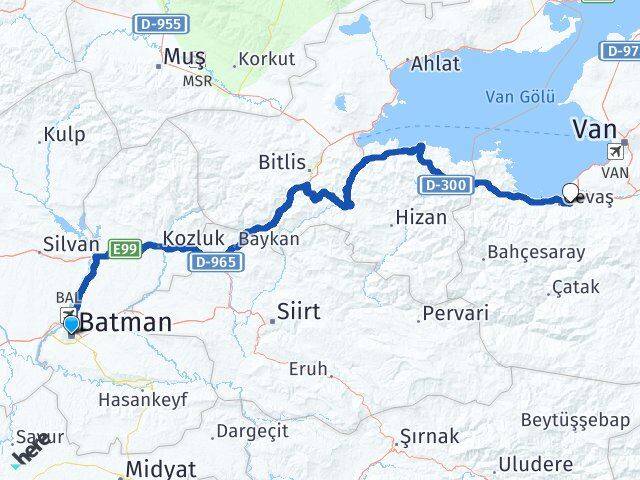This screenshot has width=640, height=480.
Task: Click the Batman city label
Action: pyautogui.click(x=126, y=324)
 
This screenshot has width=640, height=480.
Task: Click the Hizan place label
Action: pyautogui.click(x=419, y=216)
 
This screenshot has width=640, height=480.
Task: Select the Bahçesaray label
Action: pyautogui.click(x=536, y=252)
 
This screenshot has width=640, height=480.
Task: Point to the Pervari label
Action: pyautogui.click(x=455, y=313)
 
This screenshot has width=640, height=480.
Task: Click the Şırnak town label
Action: pyautogui.click(x=429, y=436)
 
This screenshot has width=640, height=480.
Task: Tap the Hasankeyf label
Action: pyautogui.click(x=142, y=399)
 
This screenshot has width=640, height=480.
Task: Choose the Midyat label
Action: pyautogui.click(x=161, y=469)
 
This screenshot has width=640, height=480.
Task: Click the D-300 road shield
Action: pyautogui.click(x=437, y=184)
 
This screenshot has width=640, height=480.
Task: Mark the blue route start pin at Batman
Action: pyautogui.click(x=70, y=324)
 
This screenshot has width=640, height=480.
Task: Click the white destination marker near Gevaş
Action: pyautogui.click(x=571, y=193)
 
